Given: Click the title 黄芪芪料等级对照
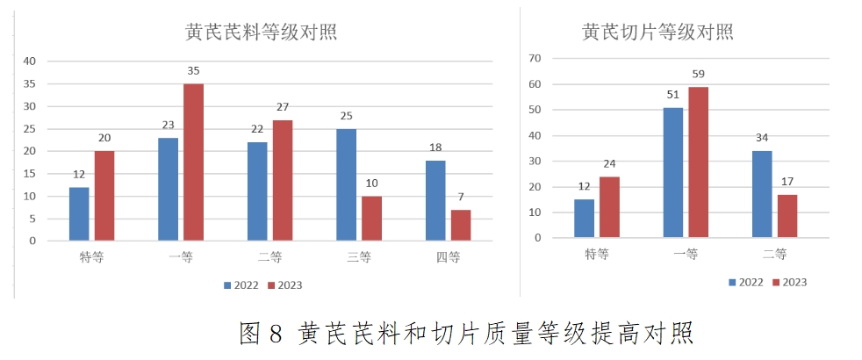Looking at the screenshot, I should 262,32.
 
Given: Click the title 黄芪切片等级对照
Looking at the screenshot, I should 657,32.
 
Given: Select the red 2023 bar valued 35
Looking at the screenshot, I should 193,162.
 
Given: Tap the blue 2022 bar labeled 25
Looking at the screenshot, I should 347,184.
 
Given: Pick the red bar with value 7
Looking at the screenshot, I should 460,225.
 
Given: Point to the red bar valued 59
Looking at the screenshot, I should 698,162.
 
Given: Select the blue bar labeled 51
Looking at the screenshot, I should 673,172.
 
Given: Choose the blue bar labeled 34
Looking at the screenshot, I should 762,194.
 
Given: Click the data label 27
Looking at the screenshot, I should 282,107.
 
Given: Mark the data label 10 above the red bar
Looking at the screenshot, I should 371,184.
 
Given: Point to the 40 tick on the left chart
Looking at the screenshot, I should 31,61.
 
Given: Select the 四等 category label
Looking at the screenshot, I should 449,257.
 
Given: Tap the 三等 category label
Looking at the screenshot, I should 359,257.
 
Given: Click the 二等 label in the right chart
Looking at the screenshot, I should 774,255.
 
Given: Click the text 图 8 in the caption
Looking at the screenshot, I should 261,334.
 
